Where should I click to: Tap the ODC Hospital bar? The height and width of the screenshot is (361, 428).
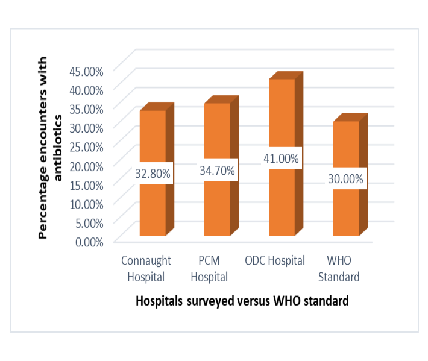pos(282,199)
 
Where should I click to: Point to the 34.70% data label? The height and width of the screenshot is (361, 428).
pos(217,171)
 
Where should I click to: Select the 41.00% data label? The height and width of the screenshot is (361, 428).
pos(282,159)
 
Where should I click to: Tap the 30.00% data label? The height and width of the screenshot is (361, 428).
pos(346,179)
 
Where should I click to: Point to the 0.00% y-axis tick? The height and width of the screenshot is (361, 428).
pos(90,242)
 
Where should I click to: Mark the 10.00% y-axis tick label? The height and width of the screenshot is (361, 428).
pos(87,203)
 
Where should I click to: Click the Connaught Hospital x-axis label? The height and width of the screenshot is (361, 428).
pos(146,269)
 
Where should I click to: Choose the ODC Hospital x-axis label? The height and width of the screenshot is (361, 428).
pos(275,261)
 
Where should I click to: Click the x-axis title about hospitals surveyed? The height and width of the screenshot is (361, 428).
pos(242,301)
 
